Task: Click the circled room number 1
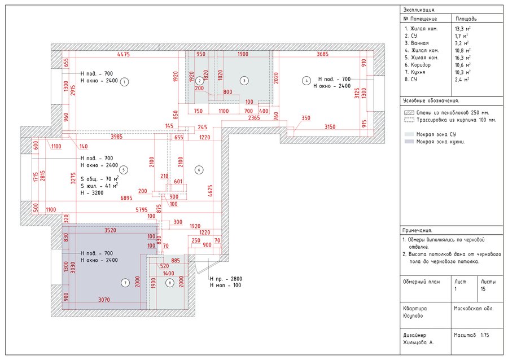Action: click(125, 81)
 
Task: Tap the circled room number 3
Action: click(244, 81)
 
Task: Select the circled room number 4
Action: click(306, 81)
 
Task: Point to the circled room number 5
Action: click(124, 169)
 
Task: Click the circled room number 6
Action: click(198, 169)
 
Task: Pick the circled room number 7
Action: click(125, 282)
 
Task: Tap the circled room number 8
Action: click(169, 283)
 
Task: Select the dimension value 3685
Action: click(322, 54)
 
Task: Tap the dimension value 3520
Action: click(114, 231)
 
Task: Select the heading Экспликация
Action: click(418, 10)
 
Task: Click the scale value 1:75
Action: click(484, 335)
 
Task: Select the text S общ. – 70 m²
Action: click(99, 178)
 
